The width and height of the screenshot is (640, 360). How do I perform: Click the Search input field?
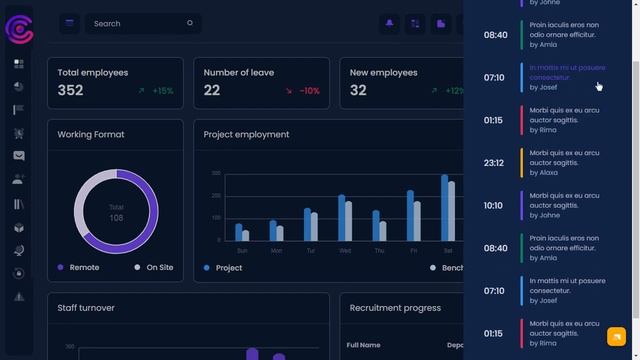tap(140, 23)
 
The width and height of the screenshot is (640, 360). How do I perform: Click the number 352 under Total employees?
tap(70, 90)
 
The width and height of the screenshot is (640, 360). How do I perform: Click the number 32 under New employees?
tap(358, 90)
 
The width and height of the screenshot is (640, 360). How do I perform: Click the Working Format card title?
tap(90, 134)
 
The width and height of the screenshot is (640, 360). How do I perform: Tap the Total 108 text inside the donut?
tap(116, 212)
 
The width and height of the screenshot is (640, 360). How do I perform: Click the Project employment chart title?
tap(246, 134)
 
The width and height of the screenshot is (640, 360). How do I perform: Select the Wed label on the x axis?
tap(345, 251)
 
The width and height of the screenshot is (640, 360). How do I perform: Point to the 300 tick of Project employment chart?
tap(216, 173)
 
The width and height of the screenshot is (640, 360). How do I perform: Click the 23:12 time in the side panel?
tap(493, 163)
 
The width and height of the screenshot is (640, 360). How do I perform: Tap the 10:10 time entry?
tap(493, 206)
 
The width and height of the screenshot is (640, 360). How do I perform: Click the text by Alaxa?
tap(544, 172)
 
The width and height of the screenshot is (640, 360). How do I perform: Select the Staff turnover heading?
tap(86, 308)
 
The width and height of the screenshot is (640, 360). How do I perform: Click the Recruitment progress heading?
tap(395, 308)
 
